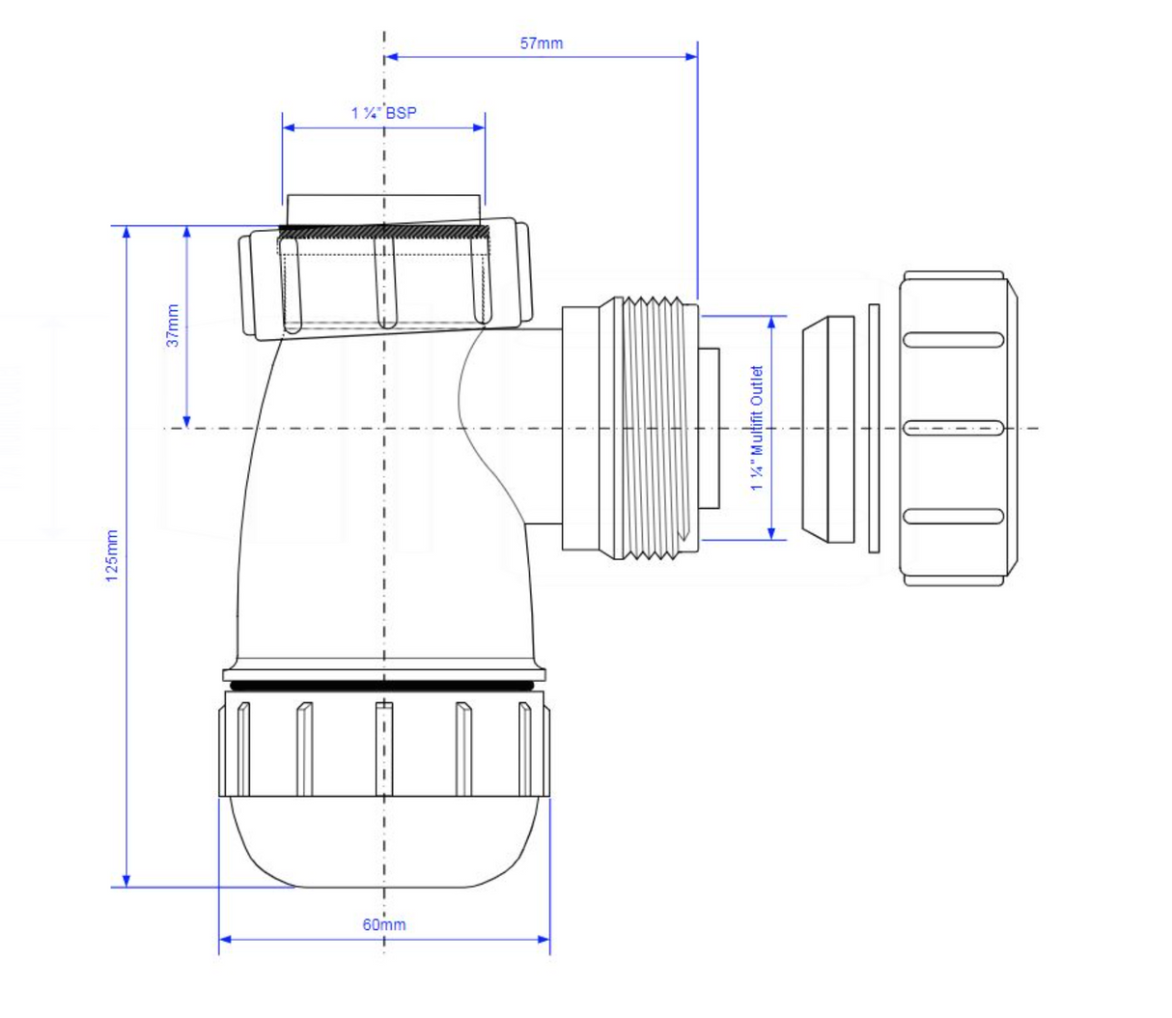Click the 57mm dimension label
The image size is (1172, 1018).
coord(541,43)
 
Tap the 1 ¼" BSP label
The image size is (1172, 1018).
coord(383,113)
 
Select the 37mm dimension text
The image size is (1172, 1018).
coord(173,325)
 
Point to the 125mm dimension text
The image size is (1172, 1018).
coord(112,555)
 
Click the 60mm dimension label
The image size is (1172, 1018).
coord(384,924)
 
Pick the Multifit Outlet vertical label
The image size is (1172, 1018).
coord(757,427)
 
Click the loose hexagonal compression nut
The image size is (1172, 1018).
coord(956,428)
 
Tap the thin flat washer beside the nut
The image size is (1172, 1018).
coord(874,428)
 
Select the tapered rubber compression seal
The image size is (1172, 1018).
coord(829,428)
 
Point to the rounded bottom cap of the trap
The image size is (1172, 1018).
coord(384,845)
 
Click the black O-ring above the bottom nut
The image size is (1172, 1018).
coord(384,685)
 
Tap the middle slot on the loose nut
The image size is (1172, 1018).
coord(954,427)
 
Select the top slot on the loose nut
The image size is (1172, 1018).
coord(954,340)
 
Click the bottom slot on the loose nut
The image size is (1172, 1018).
coord(954,516)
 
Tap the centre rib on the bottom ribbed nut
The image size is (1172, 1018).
coord(384,749)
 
